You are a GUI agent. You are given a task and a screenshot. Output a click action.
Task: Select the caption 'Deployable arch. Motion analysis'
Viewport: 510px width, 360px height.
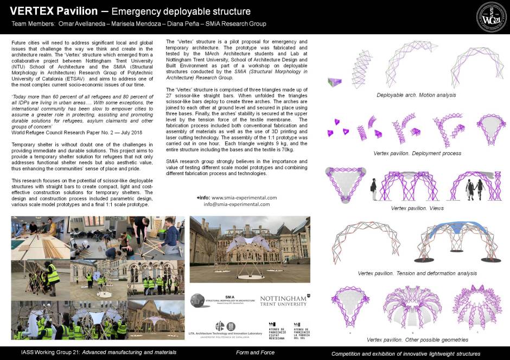[416, 95]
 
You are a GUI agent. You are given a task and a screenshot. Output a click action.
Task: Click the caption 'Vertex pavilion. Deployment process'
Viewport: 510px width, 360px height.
[417, 153]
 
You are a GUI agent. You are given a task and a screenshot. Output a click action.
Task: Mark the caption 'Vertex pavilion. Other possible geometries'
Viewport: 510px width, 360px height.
[417, 340]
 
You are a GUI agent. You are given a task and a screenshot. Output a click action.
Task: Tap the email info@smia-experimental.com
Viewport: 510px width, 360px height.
[237, 204]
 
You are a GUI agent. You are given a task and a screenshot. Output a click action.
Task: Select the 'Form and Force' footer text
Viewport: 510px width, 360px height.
[255, 353]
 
